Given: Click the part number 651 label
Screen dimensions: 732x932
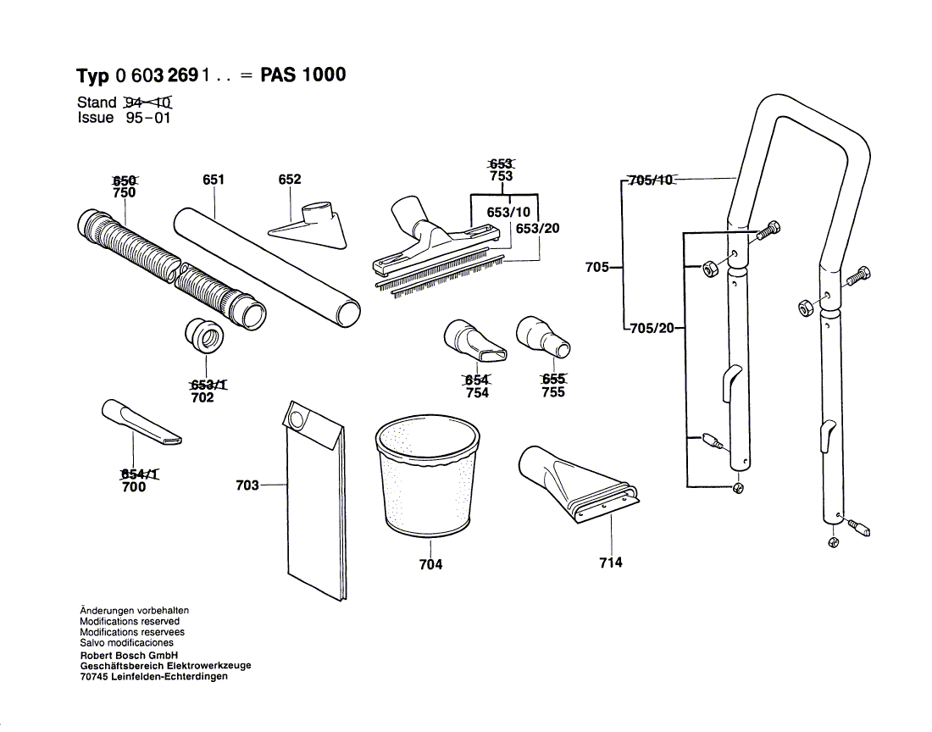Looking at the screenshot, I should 214,180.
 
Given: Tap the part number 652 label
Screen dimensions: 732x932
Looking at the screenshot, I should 290,180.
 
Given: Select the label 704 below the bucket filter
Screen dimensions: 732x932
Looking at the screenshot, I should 430,564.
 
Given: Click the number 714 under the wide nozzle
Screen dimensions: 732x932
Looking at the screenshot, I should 610,563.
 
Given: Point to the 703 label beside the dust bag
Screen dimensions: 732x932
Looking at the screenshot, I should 247,485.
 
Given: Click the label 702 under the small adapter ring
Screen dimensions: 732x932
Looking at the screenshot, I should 202,397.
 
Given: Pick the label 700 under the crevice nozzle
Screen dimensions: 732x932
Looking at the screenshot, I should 134,487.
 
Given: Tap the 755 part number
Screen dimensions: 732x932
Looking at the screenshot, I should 552,392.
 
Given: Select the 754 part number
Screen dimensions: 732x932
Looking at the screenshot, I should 477,393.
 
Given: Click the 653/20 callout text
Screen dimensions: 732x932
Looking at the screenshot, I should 537,229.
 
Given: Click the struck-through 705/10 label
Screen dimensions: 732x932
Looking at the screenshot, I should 650,180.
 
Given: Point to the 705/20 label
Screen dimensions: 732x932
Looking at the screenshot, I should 651,328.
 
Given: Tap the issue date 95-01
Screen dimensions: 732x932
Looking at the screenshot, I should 148,118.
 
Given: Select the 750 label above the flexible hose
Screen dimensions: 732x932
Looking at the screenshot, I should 125,193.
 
